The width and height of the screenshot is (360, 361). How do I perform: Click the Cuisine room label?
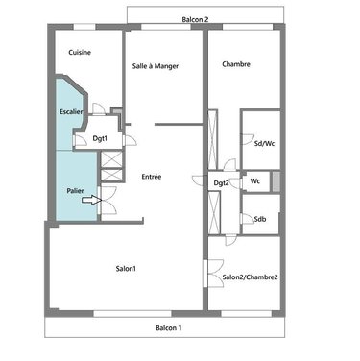[x=80, y=53]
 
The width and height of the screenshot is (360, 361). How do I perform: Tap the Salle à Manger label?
[x=156, y=65]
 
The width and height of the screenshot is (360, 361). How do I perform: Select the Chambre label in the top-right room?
[x=236, y=65]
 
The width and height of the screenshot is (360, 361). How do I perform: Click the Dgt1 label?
[x=100, y=140]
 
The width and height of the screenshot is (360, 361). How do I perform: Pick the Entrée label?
[x=151, y=177]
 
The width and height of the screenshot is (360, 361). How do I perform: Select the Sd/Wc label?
[x=261, y=143]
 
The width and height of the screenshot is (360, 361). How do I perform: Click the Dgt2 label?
[x=221, y=182]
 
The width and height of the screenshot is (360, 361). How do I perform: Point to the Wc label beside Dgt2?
[x=255, y=180]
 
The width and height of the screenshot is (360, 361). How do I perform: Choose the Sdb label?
[x=260, y=220]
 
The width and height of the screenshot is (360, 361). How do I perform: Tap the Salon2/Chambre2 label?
[x=250, y=277]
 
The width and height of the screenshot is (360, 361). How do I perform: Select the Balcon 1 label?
[x=169, y=328]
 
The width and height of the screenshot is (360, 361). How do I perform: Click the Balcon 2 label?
[x=196, y=18]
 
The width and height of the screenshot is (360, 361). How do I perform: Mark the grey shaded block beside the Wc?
[x=276, y=180]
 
